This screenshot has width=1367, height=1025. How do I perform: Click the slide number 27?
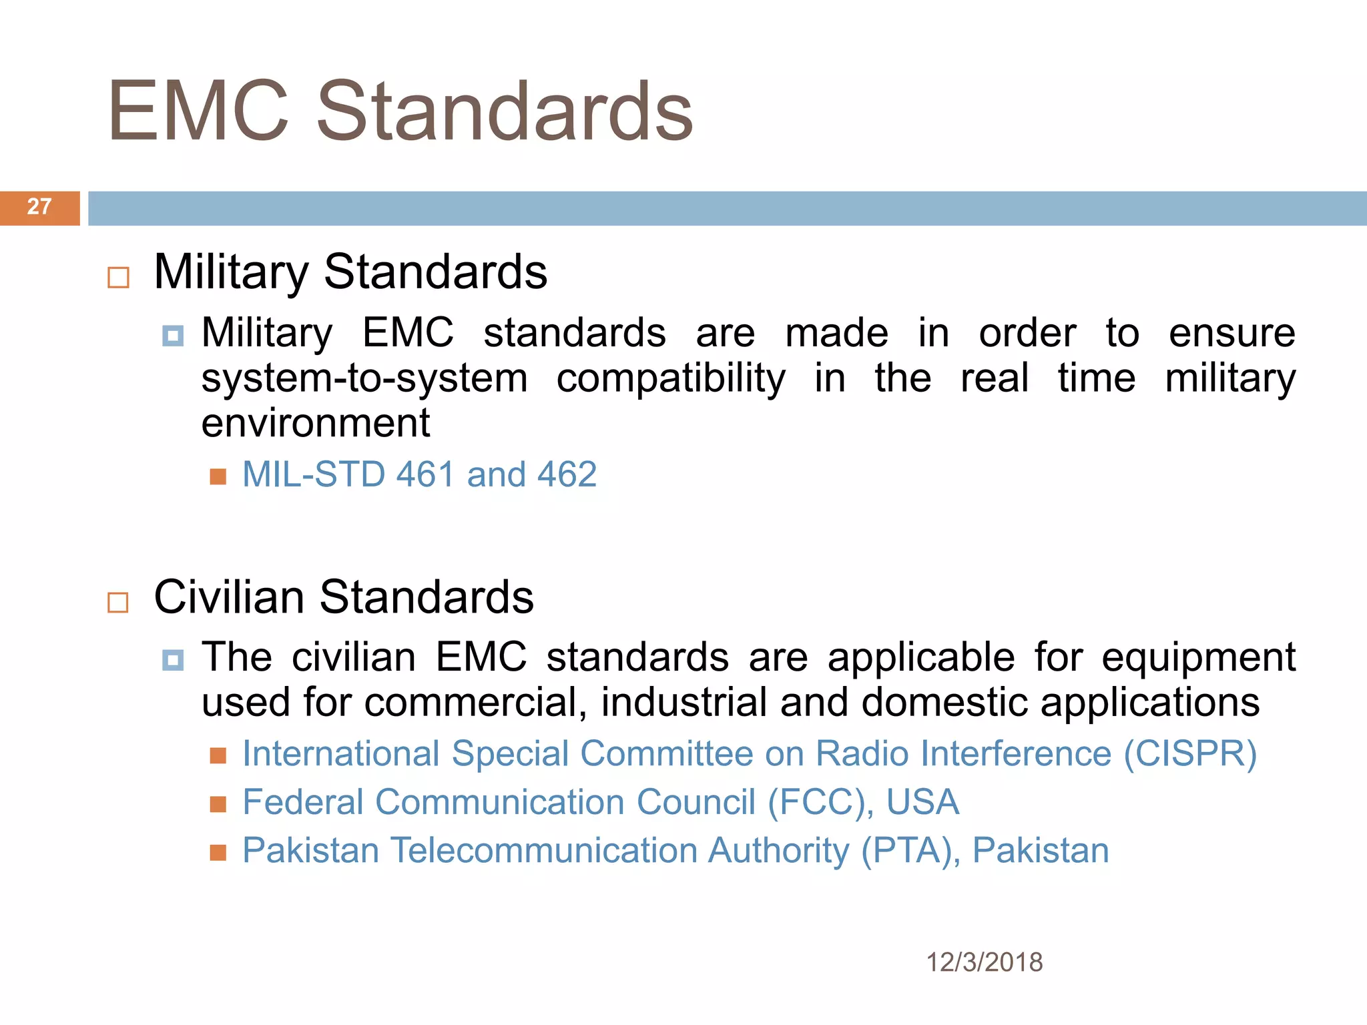pyautogui.click(x=39, y=207)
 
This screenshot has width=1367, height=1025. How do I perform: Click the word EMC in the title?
pyautogui.click(x=198, y=111)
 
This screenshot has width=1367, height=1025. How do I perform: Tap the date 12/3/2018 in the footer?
pyautogui.click(x=984, y=962)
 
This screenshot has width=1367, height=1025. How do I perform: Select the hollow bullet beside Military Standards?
pyautogui.click(x=118, y=277)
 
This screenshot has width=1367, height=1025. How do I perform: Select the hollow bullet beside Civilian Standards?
pyautogui.click(x=118, y=602)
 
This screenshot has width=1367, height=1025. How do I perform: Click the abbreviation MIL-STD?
pyautogui.click(x=314, y=474)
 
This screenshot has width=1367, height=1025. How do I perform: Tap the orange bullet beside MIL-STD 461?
pyautogui.click(x=218, y=476)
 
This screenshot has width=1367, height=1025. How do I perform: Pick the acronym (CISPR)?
pyautogui.click(x=1190, y=754)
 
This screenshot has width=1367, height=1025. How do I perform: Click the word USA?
pyautogui.click(x=922, y=802)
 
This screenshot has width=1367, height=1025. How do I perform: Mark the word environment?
pyautogui.click(x=316, y=424)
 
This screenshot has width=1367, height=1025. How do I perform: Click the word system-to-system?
pyautogui.click(x=364, y=378)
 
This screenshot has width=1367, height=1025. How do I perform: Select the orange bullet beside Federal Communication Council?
pyautogui.click(x=218, y=804)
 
